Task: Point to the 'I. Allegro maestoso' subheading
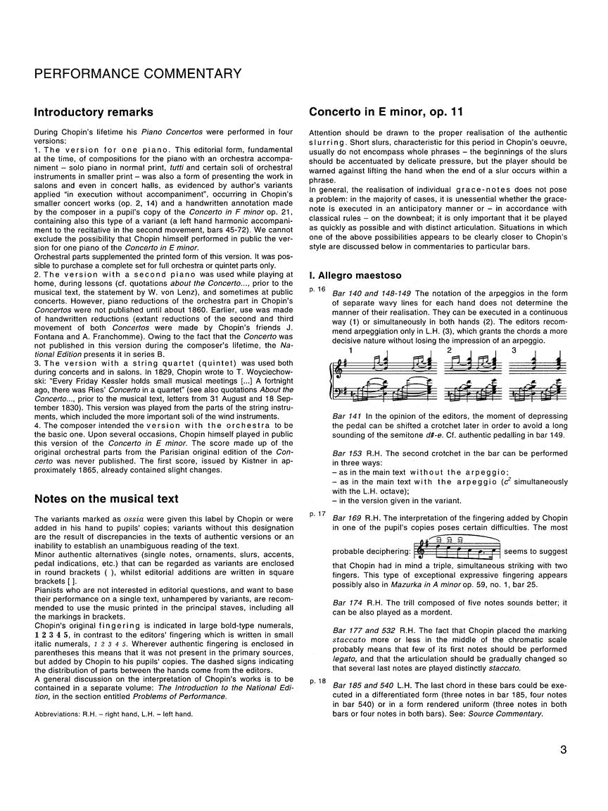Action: [355, 270]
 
